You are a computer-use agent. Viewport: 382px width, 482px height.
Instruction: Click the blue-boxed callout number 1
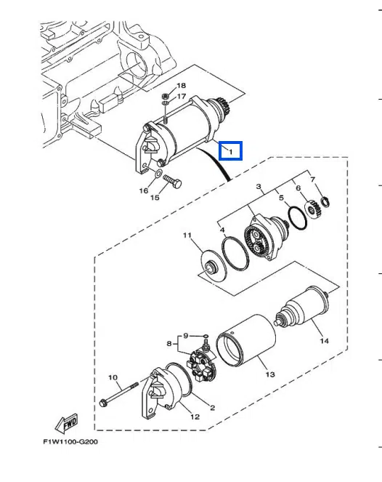[231, 151]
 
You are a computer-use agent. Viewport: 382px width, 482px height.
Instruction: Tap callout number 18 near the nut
[181, 86]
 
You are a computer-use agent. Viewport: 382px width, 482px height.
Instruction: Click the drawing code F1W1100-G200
[70, 442]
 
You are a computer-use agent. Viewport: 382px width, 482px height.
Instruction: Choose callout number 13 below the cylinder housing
[270, 374]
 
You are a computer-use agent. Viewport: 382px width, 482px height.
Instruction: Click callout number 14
[325, 341]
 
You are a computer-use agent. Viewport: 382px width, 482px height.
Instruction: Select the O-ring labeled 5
[298, 218]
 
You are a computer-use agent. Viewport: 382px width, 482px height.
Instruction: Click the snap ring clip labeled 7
[325, 201]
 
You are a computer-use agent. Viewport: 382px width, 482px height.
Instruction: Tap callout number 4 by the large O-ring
[222, 230]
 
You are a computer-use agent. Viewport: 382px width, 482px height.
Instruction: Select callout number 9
[185, 336]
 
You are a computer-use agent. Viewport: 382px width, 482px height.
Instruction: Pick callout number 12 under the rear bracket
[195, 417]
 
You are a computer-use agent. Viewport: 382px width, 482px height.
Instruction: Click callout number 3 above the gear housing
[259, 186]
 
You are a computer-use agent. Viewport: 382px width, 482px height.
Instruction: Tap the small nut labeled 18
[164, 96]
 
